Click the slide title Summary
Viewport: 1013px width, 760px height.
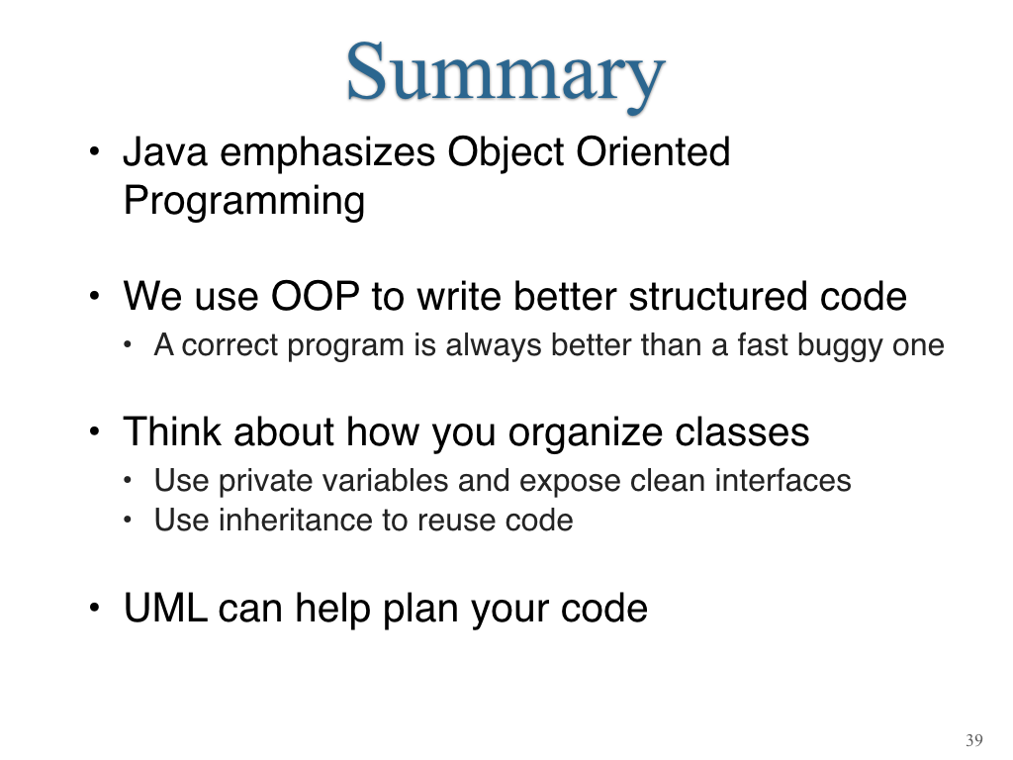(506, 74)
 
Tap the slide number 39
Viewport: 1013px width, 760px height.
(974, 740)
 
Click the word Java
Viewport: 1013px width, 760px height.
(165, 152)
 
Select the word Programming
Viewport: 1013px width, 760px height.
(244, 202)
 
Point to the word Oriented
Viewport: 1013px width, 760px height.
(653, 152)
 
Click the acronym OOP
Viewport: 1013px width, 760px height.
(315, 297)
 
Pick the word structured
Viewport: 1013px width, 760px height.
(718, 297)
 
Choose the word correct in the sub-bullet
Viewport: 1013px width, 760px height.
(229, 345)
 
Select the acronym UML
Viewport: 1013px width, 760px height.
(166, 609)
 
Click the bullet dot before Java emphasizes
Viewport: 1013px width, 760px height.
(95, 152)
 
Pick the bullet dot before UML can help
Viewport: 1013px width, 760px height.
(95, 609)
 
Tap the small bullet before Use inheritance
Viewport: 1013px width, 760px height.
(128, 521)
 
